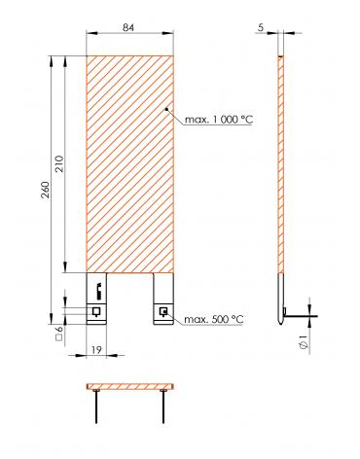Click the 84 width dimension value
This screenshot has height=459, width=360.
(x=128, y=27)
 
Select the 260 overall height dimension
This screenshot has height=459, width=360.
(x=47, y=190)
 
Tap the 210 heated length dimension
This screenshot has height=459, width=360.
(x=60, y=164)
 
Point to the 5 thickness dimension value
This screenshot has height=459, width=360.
(x=261, y=28)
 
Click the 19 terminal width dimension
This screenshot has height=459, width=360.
(x=96, y=350)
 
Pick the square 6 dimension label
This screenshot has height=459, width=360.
(x=59, y=334)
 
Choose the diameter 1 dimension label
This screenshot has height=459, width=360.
(x=304, y=342)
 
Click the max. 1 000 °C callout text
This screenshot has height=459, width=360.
(x=219, y=120)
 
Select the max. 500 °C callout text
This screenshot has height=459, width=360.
(x=214, y=319)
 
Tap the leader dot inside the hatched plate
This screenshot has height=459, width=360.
(x=166, y=109)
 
